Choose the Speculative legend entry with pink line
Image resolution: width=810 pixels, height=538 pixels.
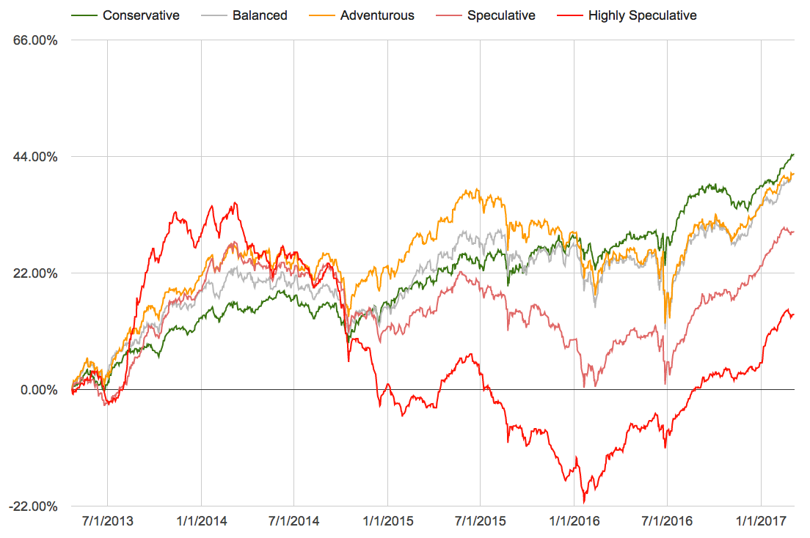[501, 15]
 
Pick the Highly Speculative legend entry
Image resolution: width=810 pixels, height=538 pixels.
[642, 15]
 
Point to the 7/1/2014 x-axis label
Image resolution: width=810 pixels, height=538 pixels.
[293, 522]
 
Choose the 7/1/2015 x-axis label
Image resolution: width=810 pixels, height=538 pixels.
[480, 522]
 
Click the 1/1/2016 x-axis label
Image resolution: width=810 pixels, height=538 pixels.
[574, 522]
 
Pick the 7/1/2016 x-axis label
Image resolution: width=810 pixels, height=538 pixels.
[667, 522]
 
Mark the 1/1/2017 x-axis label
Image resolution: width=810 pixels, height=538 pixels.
[761, 522]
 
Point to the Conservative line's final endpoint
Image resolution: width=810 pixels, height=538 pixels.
[794, 154]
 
